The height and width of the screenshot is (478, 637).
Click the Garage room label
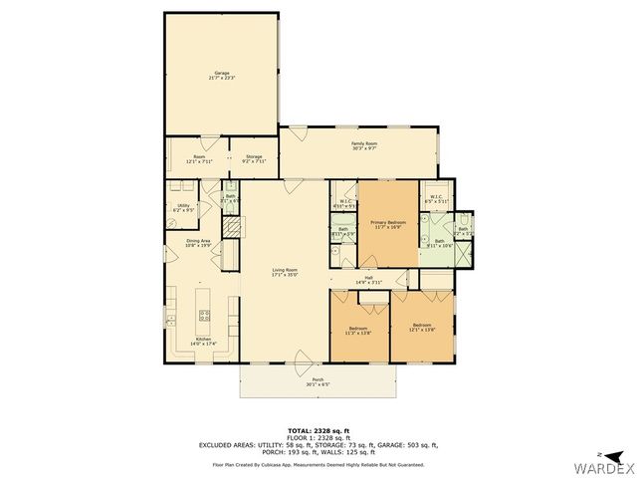pyautogui.click(x=221, y=76)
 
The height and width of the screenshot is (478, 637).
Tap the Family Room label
pyautogui.click(x=363, y=146)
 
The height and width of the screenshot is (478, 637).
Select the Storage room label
pyautogui.click(x=254, y=159)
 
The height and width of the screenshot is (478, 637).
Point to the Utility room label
pyautogui.click(x=183, y=208)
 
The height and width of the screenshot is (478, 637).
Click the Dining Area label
pyautogui.click(x=198, y=242)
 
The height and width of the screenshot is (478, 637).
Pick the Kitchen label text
pyautogui.click(x=203, y=342)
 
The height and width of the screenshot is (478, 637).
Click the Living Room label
pyautogui.click(x=285, y=272)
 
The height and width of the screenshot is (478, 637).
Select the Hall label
pyautogui.click(x=368, y=280)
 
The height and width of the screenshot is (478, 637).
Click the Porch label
pyautogui.click(x=318, y=381)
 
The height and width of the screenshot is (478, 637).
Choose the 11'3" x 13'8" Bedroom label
pyautogui.click(x=357, y=330)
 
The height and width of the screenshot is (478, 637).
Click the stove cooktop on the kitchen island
pyautogui.click(x=205, y=316)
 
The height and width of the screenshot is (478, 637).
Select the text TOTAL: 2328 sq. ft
pyautogui.click(x=318, y=429)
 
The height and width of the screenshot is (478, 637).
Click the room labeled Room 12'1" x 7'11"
pyautogui.click(x=199, y=159)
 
